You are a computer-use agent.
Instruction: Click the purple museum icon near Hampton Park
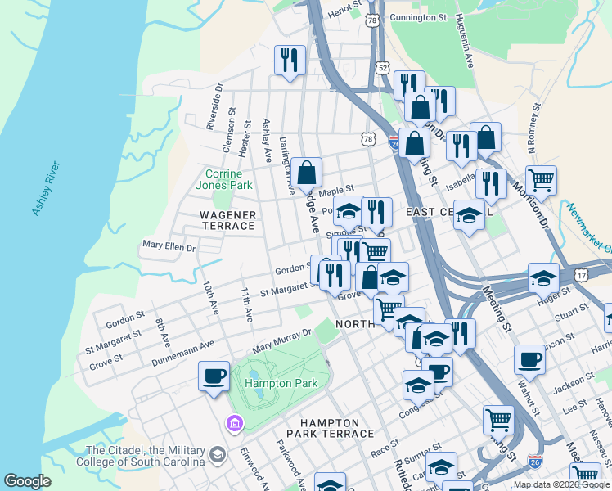pos(234,423)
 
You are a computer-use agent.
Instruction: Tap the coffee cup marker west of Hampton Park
pos(214,376)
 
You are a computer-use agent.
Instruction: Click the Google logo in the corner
pos(28,481)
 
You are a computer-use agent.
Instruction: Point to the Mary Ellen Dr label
pos(169,245)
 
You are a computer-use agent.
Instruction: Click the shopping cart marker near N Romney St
pos(541,179)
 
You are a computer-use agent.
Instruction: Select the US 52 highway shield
pos(382,67)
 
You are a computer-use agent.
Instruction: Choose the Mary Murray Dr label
pos(282,339)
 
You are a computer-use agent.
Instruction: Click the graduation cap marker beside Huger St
pos(543,278)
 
